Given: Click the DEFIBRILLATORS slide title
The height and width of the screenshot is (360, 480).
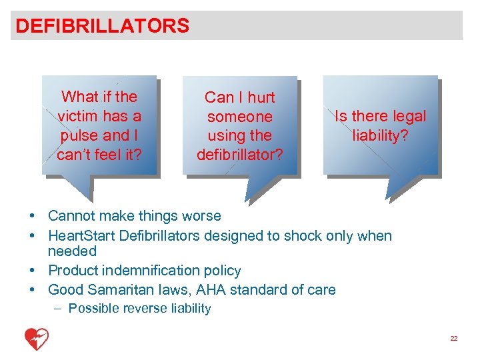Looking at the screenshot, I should [x=102, y=26].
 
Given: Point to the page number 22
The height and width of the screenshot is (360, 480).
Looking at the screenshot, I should [x=454, y=339].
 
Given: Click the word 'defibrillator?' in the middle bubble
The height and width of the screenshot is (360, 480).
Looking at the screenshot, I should [x=239, y=155].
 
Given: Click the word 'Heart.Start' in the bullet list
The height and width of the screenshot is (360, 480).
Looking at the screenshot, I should [x=81, y=235].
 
